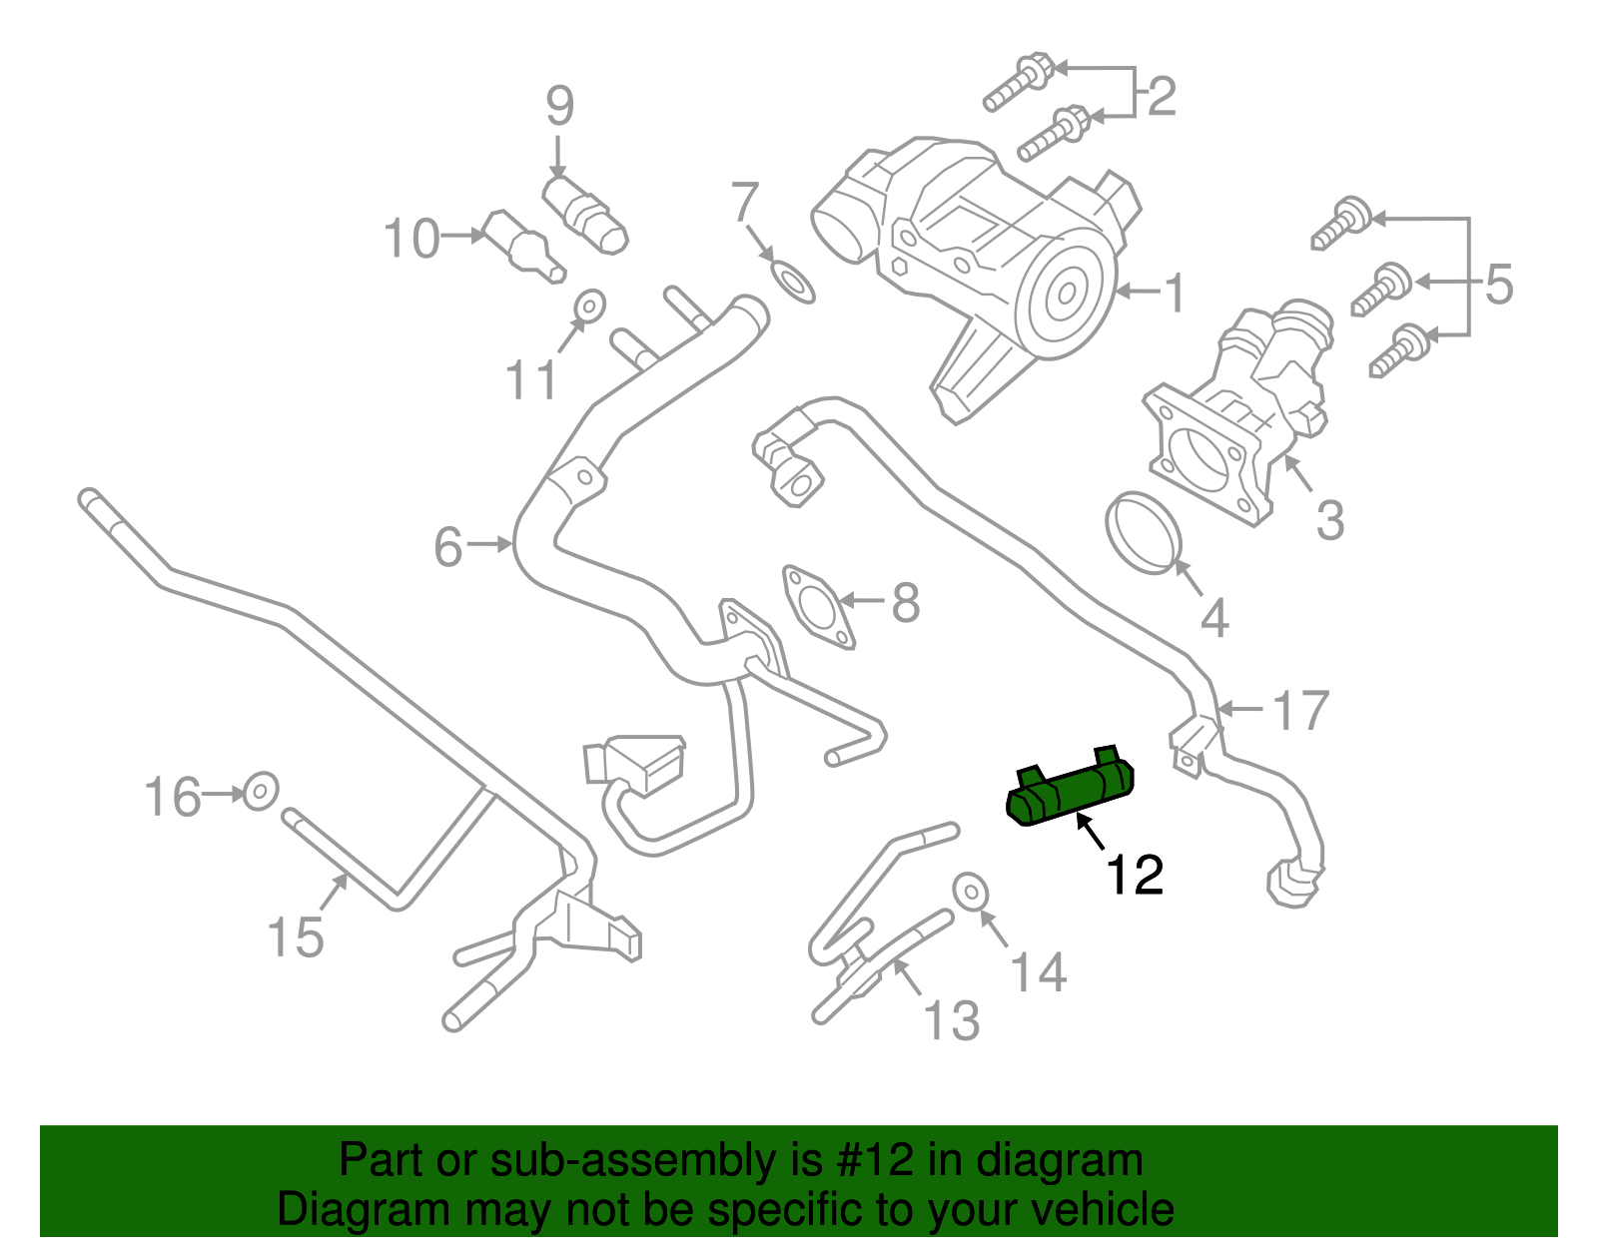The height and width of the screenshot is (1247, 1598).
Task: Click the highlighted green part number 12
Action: [x=1069, y=791]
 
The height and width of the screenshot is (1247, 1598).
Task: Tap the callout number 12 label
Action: [x=1134, y=875]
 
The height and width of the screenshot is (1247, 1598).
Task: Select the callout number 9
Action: [x=559, y=106]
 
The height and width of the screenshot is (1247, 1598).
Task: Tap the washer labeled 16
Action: [x=261, y=792]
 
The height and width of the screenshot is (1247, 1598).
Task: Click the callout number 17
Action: [x=1300, y=711]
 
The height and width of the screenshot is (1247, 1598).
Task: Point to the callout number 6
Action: [x=448, y=547]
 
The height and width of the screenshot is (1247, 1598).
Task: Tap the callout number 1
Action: [x=1176, y=293]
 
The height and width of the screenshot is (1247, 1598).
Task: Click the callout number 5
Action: [x=1498, y=285]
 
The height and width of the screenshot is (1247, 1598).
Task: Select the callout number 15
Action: [x=296, y=937]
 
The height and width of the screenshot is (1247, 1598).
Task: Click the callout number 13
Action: [x=951, y=1020]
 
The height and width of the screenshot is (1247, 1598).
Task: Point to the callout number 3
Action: [x=1329, y=519]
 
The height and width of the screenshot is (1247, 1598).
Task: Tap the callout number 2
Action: [x=1162, y=97]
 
